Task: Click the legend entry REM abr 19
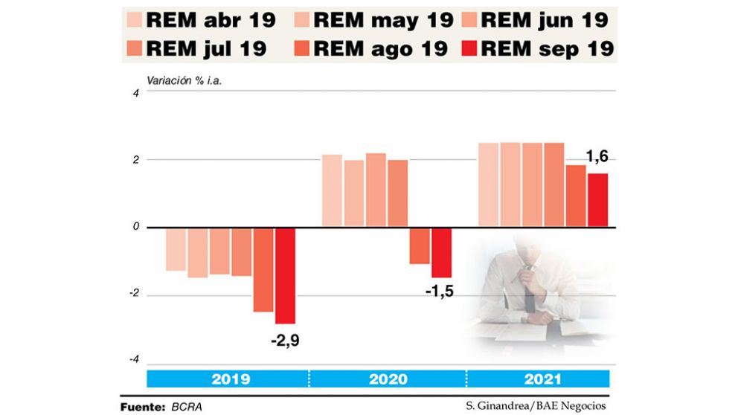[201, 20]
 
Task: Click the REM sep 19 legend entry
[536, 49]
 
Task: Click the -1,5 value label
[440, 291]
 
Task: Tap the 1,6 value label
[597, 158]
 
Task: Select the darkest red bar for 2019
[285, 275]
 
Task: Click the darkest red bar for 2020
[442, 252]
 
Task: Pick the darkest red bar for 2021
[598, 200]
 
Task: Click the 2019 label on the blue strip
[231, 379]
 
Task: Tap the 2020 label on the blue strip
[388, 379]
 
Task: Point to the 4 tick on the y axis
[135, 93]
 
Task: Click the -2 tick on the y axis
[132, 295]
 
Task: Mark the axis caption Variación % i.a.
[184, 80]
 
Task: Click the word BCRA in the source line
[186, 407]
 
